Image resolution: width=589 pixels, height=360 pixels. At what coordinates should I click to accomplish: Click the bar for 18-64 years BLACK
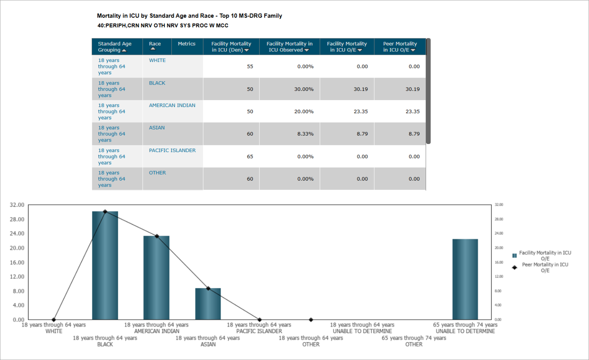click(x=105, y=265)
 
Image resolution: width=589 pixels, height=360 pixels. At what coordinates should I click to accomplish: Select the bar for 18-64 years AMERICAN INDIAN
click(x=157, y=278)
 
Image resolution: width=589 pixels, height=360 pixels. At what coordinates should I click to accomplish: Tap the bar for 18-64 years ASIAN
click(x=208, y=304)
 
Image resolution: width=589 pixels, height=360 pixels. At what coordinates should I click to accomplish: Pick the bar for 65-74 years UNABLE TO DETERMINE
click(x=465, y=280)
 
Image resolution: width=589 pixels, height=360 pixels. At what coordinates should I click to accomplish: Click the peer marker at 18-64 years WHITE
click(x=54, y=320)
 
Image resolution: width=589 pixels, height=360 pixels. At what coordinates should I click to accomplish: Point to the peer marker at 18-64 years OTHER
click(x=311, y=320)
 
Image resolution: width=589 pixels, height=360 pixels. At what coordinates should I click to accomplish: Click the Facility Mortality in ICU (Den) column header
click(x=231, y=47)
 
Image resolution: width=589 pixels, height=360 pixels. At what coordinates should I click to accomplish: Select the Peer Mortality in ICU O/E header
click(x=400, y=47)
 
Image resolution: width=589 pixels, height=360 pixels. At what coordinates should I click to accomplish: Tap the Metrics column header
click(x=187, y=44)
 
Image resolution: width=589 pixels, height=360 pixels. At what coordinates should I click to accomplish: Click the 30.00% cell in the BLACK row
click(x=304, y=89)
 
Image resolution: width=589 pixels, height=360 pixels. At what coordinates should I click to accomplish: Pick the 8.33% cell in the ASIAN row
click(x=305, y=134)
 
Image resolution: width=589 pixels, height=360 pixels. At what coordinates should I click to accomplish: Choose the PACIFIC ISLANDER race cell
click(x=172, y=150)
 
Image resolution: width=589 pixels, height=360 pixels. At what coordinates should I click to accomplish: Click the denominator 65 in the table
click(x=250, y=156)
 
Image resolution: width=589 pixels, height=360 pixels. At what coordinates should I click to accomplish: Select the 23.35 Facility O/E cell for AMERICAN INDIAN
click(x=360, y=111)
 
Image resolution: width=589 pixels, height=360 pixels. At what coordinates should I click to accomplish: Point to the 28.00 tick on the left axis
click(x=17, y=219)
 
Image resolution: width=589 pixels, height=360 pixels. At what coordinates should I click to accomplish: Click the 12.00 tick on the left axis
click(x=17, y=277)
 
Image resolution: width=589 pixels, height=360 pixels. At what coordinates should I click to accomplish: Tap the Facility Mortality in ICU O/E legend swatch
click(x=514, y=255)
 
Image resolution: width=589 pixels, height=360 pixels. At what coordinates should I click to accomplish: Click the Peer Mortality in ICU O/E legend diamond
click(x=514, y=267)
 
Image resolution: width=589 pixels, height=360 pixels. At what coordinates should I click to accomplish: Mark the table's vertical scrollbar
click(x=428, y=91)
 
